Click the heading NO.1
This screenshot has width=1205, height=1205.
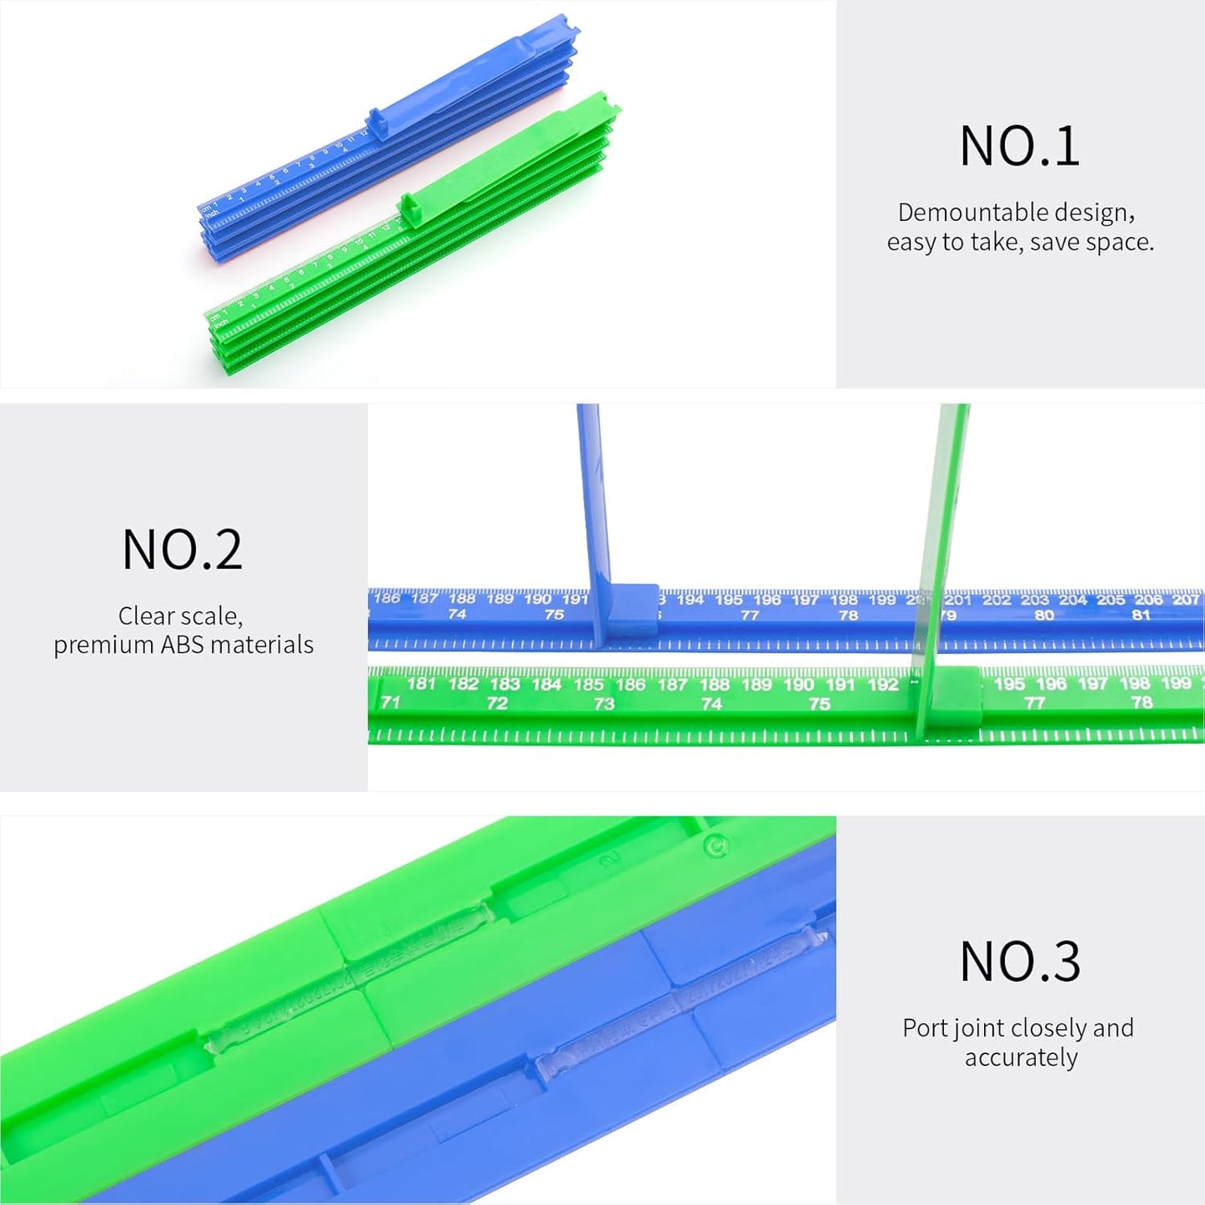[1019, 147]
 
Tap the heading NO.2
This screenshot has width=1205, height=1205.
[182, 550]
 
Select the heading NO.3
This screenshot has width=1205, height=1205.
[1019, 961]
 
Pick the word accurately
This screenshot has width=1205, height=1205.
[1021, 1057]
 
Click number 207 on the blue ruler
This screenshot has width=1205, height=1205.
[1185, 600]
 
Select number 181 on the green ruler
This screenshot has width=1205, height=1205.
[421, 684]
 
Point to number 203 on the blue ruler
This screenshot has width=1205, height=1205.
[1034, 600]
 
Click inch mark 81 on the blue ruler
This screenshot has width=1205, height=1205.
[1141, 615]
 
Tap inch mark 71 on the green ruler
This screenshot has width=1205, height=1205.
[390, 703]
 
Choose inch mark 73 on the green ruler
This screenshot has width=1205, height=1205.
[604, 704]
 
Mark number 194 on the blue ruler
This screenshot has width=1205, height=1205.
[690, 600]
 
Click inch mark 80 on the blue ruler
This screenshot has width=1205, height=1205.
[1043, 615]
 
